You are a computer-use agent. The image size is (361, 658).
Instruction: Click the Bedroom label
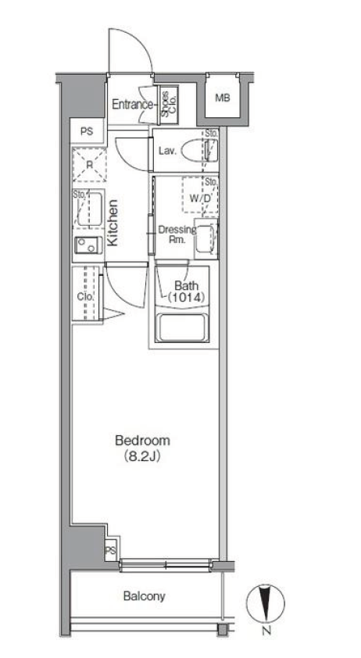pos(143,441)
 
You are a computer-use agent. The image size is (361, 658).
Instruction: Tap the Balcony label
pos(145,596)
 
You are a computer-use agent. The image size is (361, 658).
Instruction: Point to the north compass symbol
pos(266,604)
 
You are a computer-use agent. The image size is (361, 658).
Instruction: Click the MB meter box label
pos(223,98)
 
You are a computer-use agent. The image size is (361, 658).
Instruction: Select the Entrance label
pos(132,105)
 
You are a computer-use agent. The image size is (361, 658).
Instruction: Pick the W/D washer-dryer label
pos(199,198)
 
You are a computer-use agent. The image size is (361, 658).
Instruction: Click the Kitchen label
pos(113,223)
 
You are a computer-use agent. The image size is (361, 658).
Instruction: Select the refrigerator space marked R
pos(89,164)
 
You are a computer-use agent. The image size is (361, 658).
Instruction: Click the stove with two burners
pos(88,245)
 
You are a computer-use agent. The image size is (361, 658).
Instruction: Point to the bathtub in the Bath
pos(182,327)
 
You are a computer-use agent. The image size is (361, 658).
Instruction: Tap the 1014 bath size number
pos(186,298)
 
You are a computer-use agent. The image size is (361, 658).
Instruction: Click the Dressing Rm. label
pos(177,234)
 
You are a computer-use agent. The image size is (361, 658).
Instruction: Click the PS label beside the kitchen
pos(87,132)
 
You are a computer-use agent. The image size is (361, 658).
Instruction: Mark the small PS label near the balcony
pos(110,550)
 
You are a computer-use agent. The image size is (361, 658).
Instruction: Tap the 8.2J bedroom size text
pos(143,456)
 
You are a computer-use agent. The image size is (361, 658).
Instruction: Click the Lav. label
pos(166,151)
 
